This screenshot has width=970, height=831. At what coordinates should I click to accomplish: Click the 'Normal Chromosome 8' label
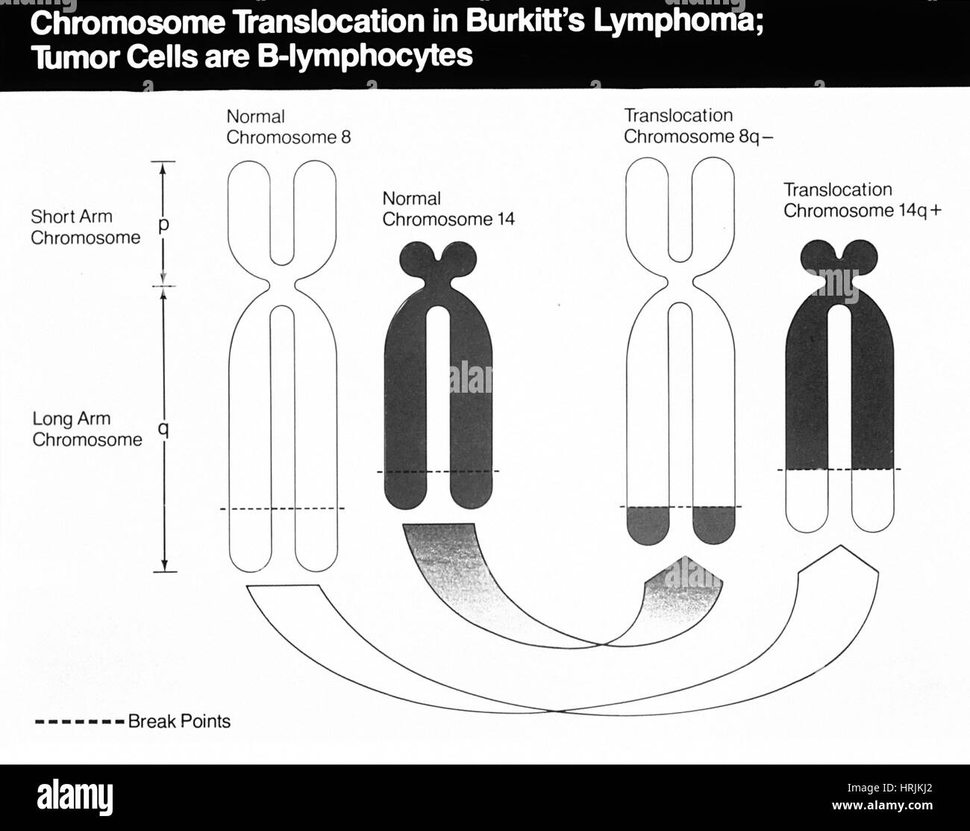click(x=288, y=127)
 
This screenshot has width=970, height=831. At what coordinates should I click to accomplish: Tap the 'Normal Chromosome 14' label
click(x=448, y=209)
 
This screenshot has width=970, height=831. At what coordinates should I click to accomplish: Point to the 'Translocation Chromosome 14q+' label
click(x=862, y=200)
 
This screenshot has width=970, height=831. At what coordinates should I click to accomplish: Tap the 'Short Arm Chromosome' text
click(x=84, y=227)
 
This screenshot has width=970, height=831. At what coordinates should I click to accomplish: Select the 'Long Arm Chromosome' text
click(x=86, y=429)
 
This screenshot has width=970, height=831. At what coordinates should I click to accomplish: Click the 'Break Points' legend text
click(x=179, y=721)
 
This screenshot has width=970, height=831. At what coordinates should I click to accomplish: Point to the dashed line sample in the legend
click(x=79, y=722)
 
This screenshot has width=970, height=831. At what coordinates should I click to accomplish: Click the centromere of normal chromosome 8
click(x=281, y=286)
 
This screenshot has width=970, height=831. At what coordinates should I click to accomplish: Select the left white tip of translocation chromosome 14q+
click(x=808, y=500)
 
